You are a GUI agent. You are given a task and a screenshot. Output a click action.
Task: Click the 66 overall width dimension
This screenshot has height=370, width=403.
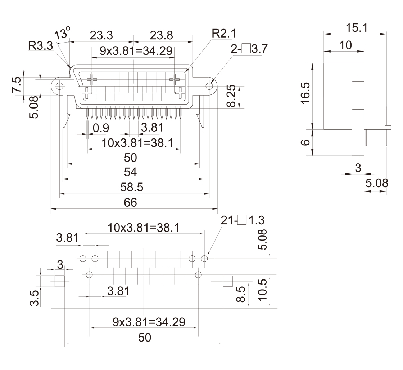pyautogui.click(x=131, y=203)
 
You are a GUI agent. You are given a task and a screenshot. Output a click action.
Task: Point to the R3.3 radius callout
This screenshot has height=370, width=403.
pyautogui.click(x=41, y=46)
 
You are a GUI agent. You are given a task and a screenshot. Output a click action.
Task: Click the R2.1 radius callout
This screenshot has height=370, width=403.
pyautogui.click(x=223, y=34)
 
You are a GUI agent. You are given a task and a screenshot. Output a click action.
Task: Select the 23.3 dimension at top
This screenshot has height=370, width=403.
pyautogui.click(x=101, y=35)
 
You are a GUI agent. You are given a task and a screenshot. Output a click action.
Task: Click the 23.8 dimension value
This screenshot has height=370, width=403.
pyautogui.click(x=161, y=35)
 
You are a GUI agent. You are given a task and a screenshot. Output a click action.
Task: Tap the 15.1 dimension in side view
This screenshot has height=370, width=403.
pyautogui.click(x=357, y=27)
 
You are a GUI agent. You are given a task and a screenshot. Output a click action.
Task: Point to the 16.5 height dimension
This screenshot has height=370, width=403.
pyautogui.click(x=306, y=93)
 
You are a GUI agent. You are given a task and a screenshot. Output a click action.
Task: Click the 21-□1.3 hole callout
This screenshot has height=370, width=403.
pyautogui.click(x=243, y=220)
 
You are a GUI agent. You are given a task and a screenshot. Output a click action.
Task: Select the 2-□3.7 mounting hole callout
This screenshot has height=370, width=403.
pyautogui.click(x=249, y=49)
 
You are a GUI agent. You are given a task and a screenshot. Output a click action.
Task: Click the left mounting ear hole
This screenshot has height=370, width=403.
pyautogui.click(x=59, y=86)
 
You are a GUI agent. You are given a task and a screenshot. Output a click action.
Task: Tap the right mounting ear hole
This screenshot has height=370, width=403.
pyautogui.click(x=209, y=86)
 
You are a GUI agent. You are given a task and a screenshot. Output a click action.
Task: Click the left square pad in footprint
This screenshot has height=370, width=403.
pyautogui.click(x=59, y=281)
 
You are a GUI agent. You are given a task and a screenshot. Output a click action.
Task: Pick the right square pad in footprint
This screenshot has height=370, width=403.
pyautogui.click(x=228, y=281)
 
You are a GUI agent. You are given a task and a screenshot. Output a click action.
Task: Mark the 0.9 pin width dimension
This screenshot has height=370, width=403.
pyautogui.click(x=101, y=128)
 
